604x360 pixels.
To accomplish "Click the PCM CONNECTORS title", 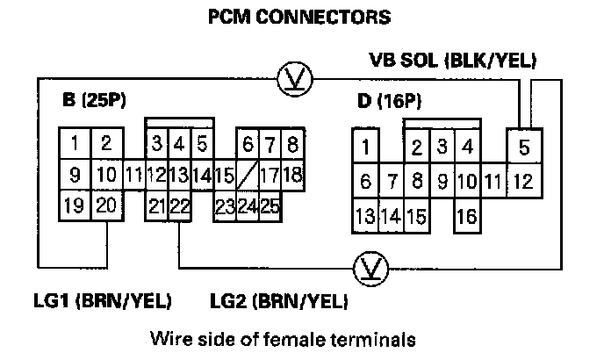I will tap(298, 17).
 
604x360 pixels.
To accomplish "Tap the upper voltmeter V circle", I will tap(291, 80).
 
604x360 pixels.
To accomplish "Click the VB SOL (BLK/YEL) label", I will tap(452, 61).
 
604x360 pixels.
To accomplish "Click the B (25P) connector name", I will tap(96, 100).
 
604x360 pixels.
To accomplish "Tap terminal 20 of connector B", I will tap(105, 206).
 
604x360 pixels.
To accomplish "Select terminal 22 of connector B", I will tap(180, 206).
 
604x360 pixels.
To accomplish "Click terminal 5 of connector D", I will tap(524, 147).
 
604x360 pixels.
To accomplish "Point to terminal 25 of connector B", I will tap(269, 207).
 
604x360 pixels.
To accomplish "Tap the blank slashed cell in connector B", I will tap(247, 175).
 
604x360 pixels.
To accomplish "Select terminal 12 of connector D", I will tap(524, 182).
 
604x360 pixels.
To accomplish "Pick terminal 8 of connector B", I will tap(291, 143).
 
